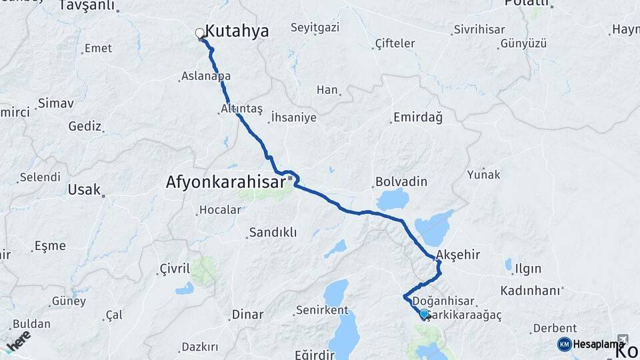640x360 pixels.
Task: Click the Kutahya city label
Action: (237, 31)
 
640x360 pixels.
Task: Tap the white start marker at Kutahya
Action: (200, 33)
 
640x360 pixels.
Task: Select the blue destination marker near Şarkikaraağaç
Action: (424, 313)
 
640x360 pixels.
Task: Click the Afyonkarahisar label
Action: (223, 181)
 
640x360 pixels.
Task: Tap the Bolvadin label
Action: (401, 181)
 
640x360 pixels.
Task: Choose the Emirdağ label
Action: (417, 117)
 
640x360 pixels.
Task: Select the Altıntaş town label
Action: (241, 108)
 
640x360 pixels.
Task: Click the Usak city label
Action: (83, 189)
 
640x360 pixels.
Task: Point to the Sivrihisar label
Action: (479, 29)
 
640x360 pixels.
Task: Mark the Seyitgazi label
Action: (315, 27)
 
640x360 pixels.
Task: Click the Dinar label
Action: (247, 314)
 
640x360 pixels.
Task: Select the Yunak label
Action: (483, 175)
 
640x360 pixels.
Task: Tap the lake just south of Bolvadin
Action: (392, 199)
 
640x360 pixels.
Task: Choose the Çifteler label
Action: (395, 44)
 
